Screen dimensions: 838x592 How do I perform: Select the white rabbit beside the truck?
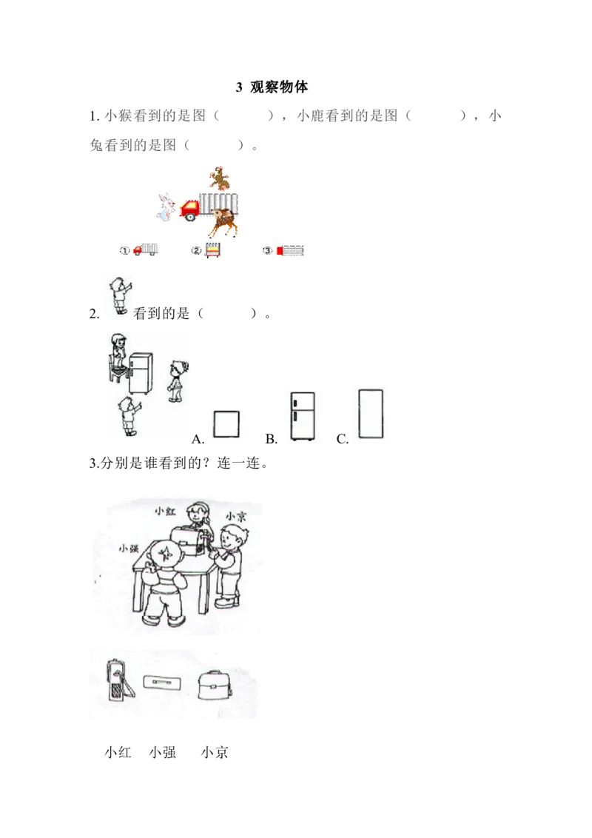coord(165,207)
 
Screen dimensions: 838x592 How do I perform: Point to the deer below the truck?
coord(221,221)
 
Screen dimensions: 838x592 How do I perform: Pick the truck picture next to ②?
coord(212,250)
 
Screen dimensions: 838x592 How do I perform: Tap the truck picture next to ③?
coord(290,250)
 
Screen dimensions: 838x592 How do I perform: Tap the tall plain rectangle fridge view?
coord(369,415)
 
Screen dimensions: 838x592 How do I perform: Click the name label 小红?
coord(164,511)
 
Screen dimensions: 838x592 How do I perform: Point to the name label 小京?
coord(235,516)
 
